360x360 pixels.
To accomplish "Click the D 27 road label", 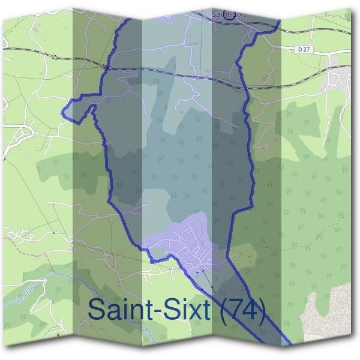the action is pyautogui.click(x=305, y=49).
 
